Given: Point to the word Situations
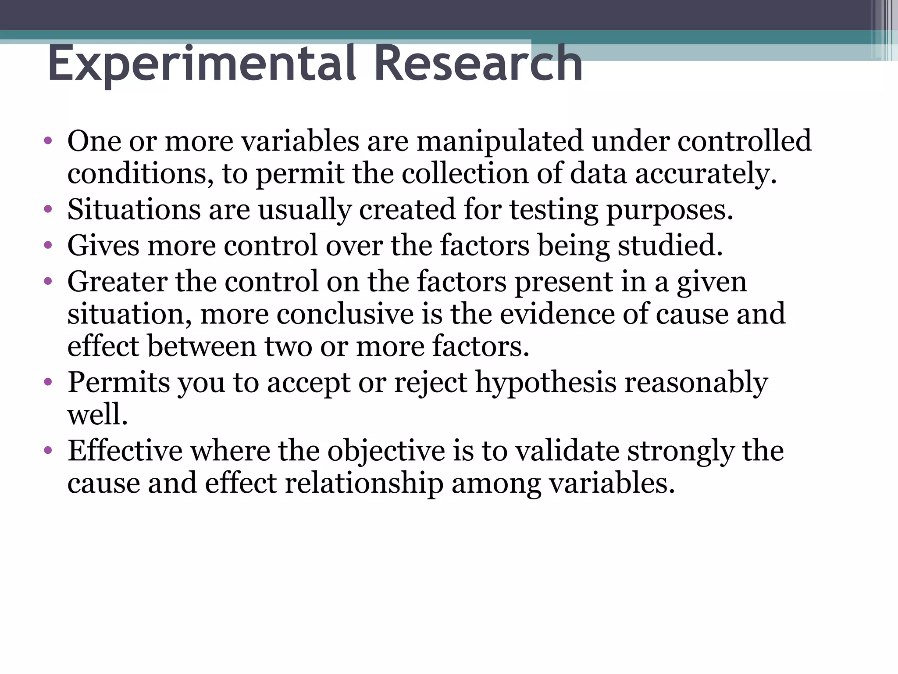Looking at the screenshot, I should tap(133, 209).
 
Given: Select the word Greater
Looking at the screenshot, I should tap(117, 282).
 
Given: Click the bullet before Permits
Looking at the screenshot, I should tap(48, 382).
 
